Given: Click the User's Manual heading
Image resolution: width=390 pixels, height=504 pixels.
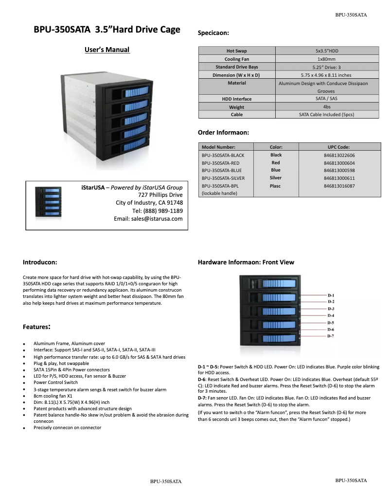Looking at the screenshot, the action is click(107, 50).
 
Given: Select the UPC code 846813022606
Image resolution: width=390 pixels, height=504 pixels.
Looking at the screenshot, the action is click(339, 155).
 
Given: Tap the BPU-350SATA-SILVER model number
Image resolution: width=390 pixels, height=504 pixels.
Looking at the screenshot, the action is click(223, 178).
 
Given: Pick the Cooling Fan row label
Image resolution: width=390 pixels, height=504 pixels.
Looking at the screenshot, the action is click(237, 59).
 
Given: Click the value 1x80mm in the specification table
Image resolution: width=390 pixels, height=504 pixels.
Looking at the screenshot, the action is click(326, 59).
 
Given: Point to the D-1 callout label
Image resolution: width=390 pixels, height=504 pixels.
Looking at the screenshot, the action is click(331, 295).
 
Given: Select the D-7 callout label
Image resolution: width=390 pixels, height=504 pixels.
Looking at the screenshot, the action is click(331, 336).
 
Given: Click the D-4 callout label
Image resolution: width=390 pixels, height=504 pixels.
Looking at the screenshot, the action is click(331, 316).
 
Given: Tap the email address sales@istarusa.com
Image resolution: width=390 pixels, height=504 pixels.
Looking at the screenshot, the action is click(148, 219).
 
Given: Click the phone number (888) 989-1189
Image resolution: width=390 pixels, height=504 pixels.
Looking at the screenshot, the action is click(158, 211).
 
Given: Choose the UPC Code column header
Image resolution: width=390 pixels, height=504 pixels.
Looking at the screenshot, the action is click(339, 147).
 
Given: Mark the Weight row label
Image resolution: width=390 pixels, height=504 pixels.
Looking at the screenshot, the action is click(237, 107).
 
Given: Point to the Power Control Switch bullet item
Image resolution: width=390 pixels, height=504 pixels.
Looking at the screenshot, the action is click(55, 382).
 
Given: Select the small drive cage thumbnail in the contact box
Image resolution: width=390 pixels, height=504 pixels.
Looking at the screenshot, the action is click(50, 203).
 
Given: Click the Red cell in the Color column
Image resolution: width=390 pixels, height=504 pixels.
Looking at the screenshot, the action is click(276, 163).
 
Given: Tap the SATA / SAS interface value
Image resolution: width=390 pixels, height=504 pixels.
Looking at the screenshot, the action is click(326, 99).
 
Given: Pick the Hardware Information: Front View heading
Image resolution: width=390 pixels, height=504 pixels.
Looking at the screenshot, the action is click(246, 262).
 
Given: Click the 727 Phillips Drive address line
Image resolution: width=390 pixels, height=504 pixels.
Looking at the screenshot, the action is click(160, 195).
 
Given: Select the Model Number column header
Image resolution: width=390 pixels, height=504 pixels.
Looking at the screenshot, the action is click(218, 147).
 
